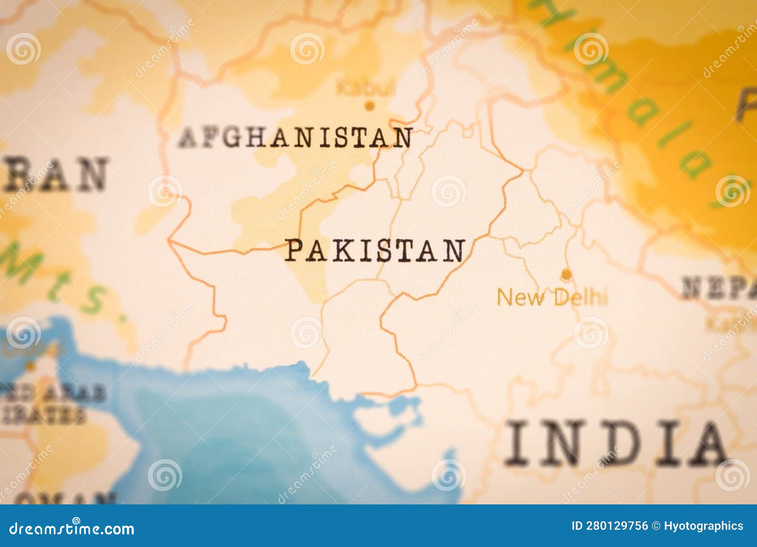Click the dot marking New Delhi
pyautogui.click(x=565, y=273)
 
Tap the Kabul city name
pyautogui.click(x=365, y=88)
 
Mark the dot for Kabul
pyautogui.click(x=370, y=106)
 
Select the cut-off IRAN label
pyautogui.click(x=54, y=174)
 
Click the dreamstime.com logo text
pyautogui.click(x=72, y=528)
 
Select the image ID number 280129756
pyautogui.click(x=616, y=526)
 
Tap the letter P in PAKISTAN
pyautogui.click(x=293, y=250)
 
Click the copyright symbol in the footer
pyautogui.click(x=656, y=526)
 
